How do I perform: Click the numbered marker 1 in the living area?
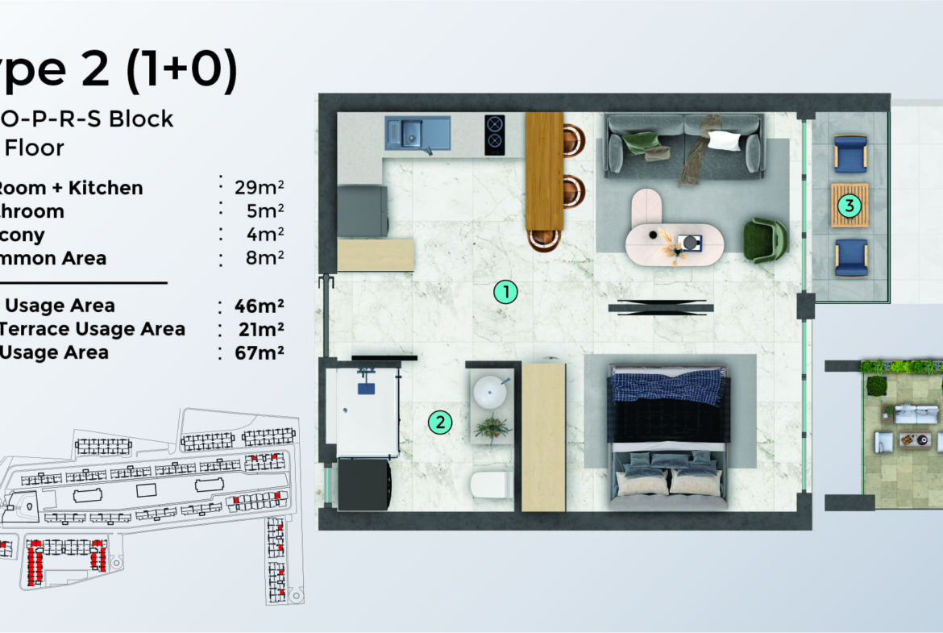pyautogui.click(x=505, y=292)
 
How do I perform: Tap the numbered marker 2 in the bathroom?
pyautogui.click(x=439, y=421)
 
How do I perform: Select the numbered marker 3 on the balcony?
pyautogui.click(x=848, y=206)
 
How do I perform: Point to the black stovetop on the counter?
pyautogui.click(x=494, y=134)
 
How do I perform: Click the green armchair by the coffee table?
pyautogui.click(x=764, y=240)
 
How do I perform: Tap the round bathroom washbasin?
pyautogui.click(x=491, y=394)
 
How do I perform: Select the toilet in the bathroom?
pyautogui.click(x=490, y=485)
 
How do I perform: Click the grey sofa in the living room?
pyautogui.click(x=683, y=144)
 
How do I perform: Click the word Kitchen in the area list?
pyautogui.click(x=106, y=188)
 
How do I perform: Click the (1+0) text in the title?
pyautogui.click(x=181, y=70)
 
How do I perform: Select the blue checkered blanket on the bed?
pyautogui.click(x=668, y=385)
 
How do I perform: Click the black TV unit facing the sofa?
pyautogui.click(x=660, y=306)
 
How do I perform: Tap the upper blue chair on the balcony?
pyautogui.click(x=850, y=153)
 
